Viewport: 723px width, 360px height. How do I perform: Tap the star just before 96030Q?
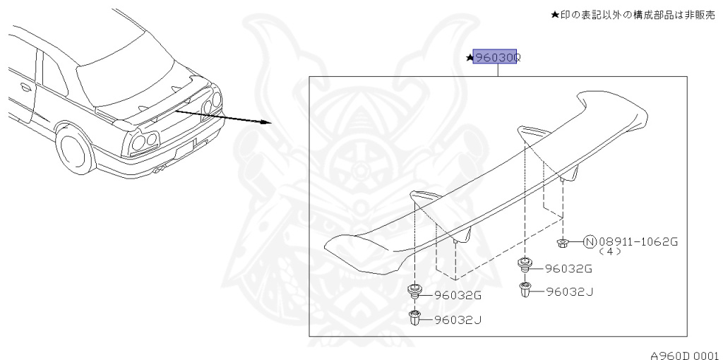coord(470,58)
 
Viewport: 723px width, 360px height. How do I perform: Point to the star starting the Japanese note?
coord(555,15)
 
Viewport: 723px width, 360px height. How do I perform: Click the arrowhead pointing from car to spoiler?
coord(265,122)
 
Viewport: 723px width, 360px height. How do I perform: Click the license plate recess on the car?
coord(186,148)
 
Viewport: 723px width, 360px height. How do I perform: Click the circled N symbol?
coord(590,241)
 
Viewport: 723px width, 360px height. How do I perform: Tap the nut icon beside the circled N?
coord(562,242)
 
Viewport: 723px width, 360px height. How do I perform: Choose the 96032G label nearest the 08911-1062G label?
coord(568,269)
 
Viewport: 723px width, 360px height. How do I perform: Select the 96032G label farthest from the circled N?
coord(458,296)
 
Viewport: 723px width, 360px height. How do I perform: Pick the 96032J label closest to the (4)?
coord(570,292)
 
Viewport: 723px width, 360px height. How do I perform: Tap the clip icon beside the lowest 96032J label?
coord(414,318)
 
